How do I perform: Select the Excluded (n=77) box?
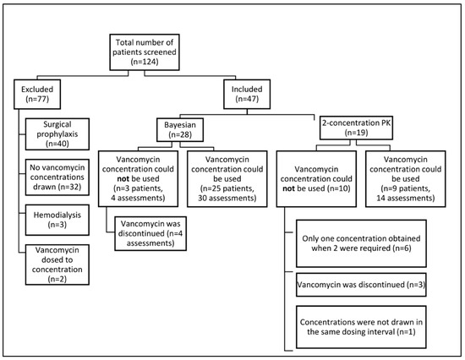point(41,93)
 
